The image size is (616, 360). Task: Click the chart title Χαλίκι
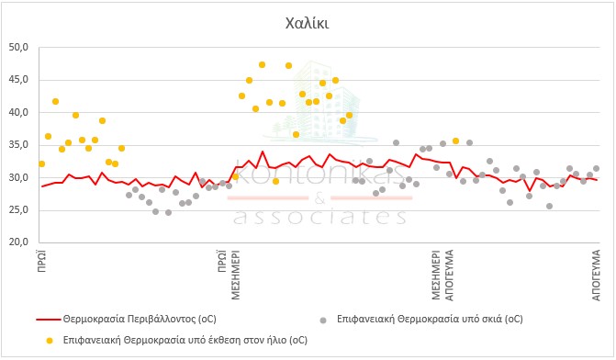[x=307, y=24]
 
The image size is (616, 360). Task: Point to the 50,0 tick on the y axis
[x=18, y=48]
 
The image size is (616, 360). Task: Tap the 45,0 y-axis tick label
[x=18, y=80]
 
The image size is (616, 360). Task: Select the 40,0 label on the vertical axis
[x=18, y=112]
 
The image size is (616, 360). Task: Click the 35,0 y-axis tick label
[x=18, y=145]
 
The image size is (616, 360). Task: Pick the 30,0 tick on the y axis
[x=18, y=177]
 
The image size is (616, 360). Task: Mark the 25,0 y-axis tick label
[x=18, y=210]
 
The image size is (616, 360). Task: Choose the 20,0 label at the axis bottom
[x=18, y=242]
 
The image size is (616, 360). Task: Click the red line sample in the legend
[x=49, y=320]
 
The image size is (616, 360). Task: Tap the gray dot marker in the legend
[x=323, y=321]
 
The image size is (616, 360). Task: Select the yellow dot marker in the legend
[x=49, y=341]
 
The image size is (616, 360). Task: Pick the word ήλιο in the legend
[x=275, y=340]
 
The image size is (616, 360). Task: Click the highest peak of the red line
[x=263, y=152]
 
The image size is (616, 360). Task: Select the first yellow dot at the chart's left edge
[x=41, y=163]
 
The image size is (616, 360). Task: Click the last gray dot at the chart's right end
[x=596, y=169]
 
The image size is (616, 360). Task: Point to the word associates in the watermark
[x=319, y=216]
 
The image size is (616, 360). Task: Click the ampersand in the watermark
[x=319, y=199]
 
